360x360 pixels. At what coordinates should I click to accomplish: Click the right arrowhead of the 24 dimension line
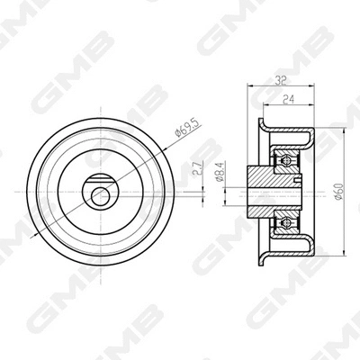click(x=313, y=105)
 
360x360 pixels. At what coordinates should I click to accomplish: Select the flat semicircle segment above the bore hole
click(x=97, y=179)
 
